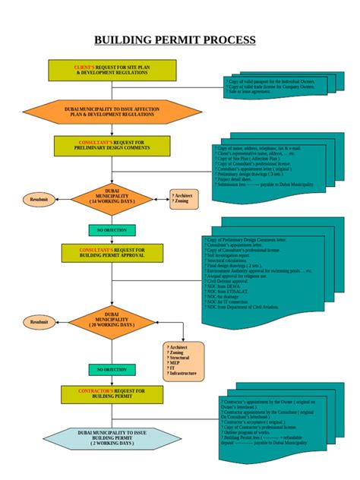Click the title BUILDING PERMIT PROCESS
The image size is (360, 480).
175,41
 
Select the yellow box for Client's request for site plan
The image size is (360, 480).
112,71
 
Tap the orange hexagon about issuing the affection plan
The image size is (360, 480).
112,112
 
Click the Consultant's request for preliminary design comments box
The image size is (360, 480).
112,146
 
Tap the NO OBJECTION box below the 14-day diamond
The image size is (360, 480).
112,230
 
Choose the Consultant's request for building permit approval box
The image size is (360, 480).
112,253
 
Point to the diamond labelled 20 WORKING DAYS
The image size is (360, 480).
112,319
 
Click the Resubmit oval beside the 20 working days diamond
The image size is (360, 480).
39,322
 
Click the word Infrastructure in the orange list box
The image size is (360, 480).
183,374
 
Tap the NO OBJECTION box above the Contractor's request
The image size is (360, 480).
112,369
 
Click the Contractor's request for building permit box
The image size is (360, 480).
112,393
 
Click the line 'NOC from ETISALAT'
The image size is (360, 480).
230,292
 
